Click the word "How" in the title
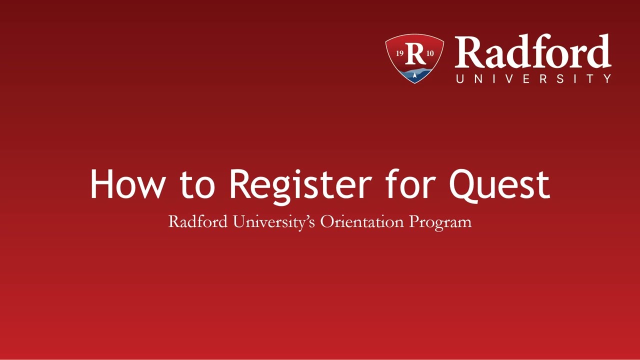coord(127,184)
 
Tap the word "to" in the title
coord(197,184)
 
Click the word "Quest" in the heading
coord(499,184)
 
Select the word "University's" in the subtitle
coord(274,221)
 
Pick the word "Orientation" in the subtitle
coord(362,221)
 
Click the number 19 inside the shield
coord(400,53)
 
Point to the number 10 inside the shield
coord(430,53)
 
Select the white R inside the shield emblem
coord(414,53)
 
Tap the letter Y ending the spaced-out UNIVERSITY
coord(607,78)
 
